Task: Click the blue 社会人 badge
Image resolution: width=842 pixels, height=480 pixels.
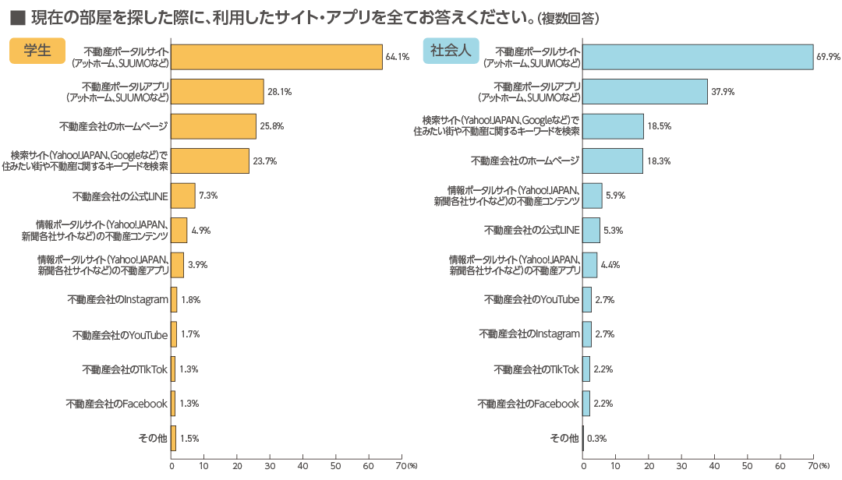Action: click(451, 51)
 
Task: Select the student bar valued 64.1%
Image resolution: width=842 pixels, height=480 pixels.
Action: click(277, 57)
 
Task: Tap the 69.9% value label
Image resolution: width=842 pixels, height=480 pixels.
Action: click(828, 57)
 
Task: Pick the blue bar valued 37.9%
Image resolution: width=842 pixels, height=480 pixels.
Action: click(645, 91)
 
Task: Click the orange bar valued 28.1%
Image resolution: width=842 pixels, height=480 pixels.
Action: click(218, 91)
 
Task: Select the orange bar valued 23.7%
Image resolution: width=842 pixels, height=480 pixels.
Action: click(210, 161)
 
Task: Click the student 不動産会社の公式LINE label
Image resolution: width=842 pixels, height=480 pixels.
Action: click(120, 196)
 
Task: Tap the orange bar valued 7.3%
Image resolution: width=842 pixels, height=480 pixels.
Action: click(183, 196)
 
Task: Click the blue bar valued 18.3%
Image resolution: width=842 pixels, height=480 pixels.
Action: click(613, 161)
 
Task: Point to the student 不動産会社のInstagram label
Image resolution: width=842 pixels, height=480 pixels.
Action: click(118, 299)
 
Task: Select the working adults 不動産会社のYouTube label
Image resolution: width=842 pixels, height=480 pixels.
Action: click(532, 299)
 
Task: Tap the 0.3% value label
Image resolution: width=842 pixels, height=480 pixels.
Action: click(597, 439)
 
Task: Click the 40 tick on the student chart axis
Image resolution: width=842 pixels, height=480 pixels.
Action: click(302, 467)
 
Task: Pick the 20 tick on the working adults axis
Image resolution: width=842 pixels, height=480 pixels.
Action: click(649, 467)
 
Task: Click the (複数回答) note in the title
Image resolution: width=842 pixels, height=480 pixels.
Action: click(579, 16)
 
